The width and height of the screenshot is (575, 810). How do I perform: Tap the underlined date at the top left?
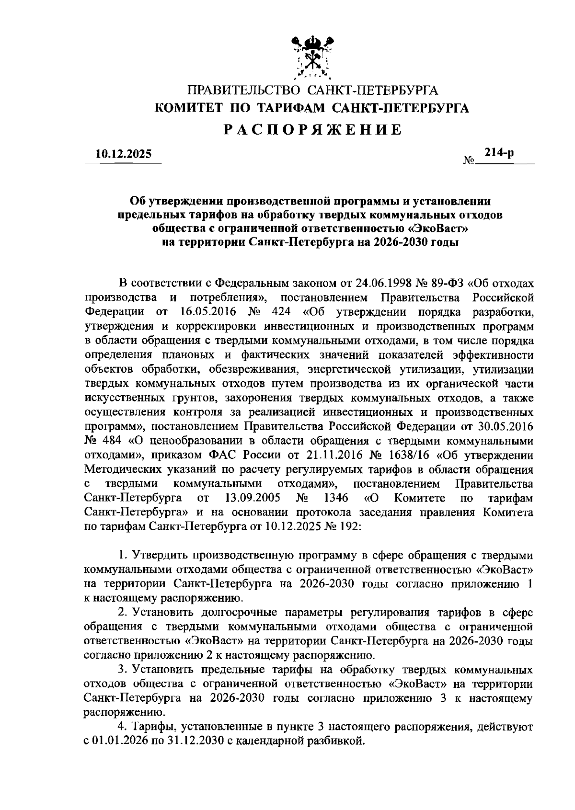[x=123, y=154]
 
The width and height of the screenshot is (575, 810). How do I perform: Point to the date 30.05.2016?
[x=506, y=426]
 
